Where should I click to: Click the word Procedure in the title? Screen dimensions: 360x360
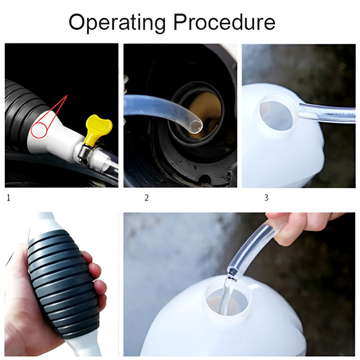[224, 22]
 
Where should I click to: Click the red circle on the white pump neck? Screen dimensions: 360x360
[39, 130]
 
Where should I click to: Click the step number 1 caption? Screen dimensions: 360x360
[9, 198]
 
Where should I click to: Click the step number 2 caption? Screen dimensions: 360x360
[147, 198]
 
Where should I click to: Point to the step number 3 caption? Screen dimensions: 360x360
[266, 198]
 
